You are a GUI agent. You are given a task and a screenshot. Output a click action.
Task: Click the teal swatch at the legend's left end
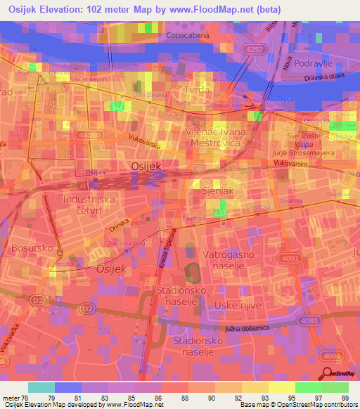tap(41, 387)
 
